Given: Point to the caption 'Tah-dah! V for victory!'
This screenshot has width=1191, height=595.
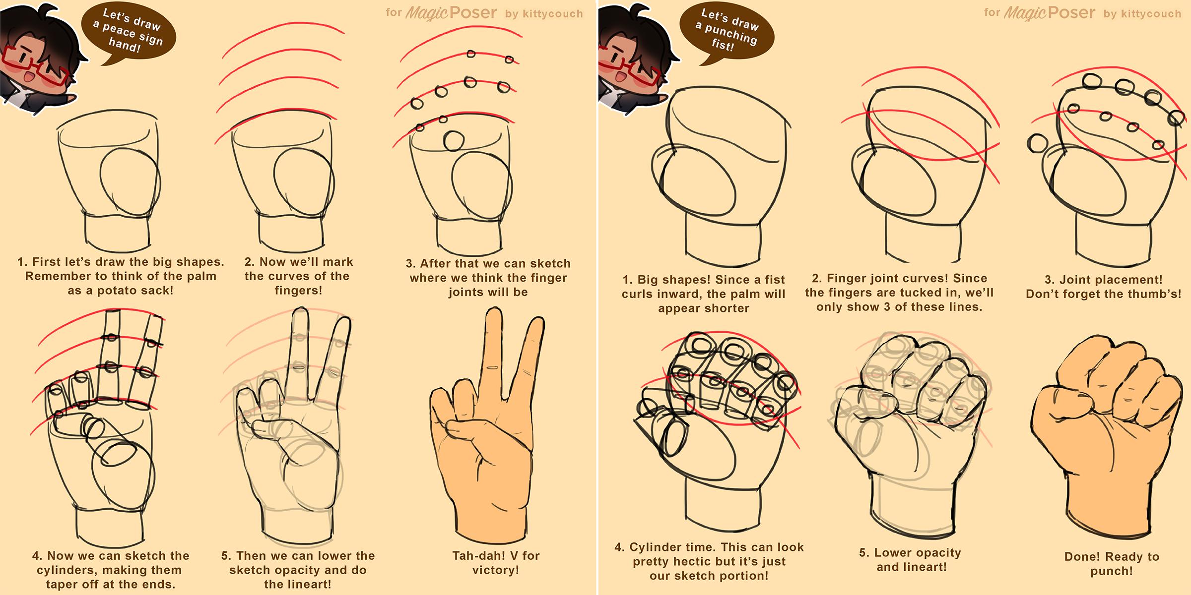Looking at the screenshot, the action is click(x=496, y=563).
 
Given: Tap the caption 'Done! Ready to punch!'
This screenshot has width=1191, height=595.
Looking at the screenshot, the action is click(x=1112, y=564).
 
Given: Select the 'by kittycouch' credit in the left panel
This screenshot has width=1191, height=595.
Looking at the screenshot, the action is click(x=544, y=14).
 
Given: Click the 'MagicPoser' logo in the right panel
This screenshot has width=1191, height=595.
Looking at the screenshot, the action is click(x=1049, y=13).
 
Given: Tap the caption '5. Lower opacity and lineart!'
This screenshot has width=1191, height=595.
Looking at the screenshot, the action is click(x=911, y=560).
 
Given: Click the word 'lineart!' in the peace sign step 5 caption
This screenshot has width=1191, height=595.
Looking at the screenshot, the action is click(x=298, y=585).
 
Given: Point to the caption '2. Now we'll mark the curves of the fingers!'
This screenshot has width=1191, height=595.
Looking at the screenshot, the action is click(x=298, y=276).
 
